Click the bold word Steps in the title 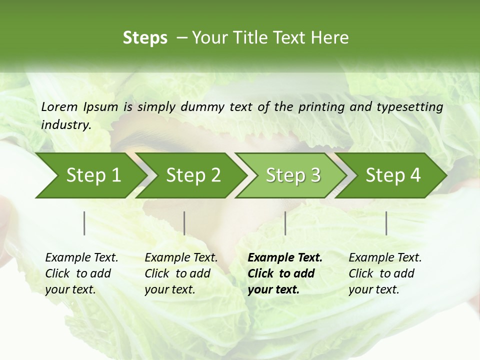pos(145,38)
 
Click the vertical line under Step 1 pos(84,223)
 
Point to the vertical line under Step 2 pos(184,223)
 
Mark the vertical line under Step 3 pos(285,223)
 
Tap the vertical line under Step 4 pos(386,223)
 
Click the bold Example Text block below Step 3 pos(285,273)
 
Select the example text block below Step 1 pos(81,273)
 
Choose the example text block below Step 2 pos(181,273)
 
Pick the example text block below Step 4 pos(385,273)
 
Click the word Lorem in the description pos(59,106)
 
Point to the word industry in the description pos(65,125)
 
